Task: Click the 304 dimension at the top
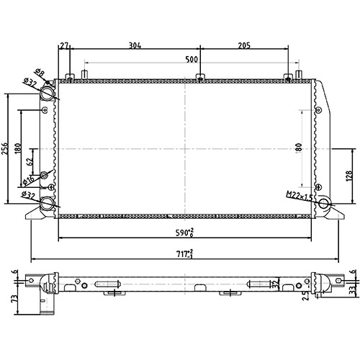pos(135,45)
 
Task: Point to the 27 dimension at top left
pos(66,45)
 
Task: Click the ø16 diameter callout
pos(30,179)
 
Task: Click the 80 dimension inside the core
pos(298,147)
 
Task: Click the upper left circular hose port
pos(48,94)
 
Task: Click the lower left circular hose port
pos(48,204)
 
